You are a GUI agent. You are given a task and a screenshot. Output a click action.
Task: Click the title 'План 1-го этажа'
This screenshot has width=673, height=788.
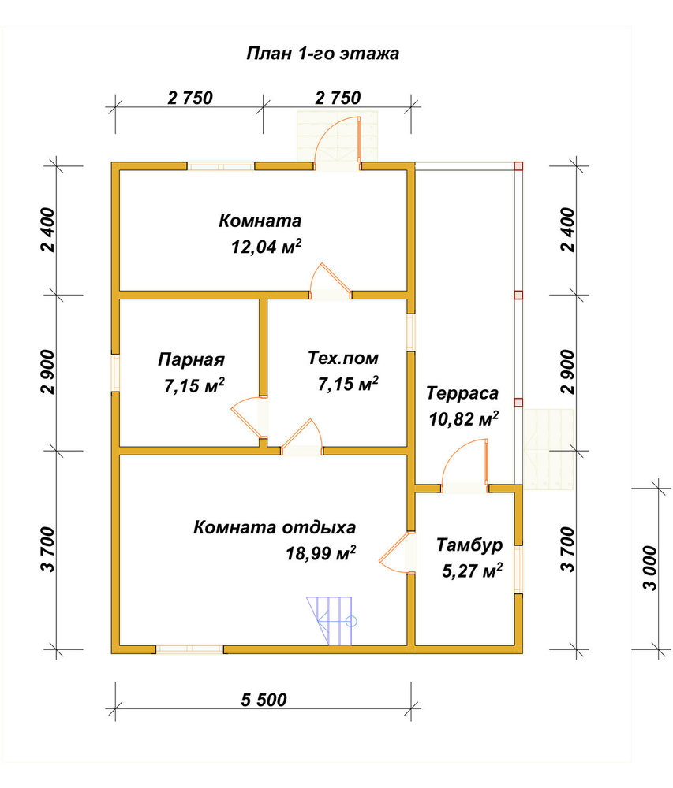pos(323,54)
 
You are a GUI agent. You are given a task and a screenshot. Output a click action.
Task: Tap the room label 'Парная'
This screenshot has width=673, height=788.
pos(191,360)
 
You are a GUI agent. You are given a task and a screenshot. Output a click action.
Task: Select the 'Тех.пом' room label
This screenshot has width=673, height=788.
pos(343,359)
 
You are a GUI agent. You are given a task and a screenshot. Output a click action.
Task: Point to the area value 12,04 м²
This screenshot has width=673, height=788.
pos(267,246)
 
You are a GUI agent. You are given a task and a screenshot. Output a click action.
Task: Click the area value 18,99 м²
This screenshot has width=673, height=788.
pos(321,553)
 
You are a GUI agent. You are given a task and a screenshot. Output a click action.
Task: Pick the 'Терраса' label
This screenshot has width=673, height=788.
pos(462,393)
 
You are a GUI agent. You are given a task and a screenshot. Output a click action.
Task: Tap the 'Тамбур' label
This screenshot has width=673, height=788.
pos(469,545)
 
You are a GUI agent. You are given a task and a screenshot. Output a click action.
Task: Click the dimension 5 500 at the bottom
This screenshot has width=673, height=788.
pos(264,700)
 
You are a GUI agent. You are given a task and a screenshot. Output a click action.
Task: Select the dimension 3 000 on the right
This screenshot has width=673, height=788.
pos(650,568)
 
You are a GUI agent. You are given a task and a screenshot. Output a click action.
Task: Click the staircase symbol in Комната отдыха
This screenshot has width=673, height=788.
pos(330,621)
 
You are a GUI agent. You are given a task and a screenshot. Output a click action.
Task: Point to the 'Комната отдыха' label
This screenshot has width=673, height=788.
pos(275,528)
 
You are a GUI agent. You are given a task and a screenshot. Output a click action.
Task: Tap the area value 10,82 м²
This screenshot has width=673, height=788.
pos(464,418)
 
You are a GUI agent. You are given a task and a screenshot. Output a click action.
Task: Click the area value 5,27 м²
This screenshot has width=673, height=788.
pos(473,571)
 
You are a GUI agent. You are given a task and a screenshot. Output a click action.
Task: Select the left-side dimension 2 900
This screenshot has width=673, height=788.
pos(48,373)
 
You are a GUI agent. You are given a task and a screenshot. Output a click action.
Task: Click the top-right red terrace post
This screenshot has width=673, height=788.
pos(518,166)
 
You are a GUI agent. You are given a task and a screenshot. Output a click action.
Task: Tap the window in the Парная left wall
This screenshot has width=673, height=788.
pos(116,373)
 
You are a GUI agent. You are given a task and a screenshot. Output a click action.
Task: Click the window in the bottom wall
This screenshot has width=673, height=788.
pos(189,649)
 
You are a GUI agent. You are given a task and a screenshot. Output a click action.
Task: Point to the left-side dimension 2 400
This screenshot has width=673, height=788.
pos(48,229)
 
